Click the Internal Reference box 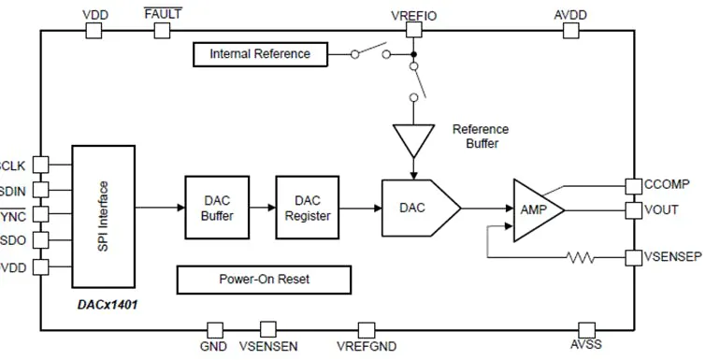[x=260, y=54]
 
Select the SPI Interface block [x=103, y=215]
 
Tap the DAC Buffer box [x=217, y=208]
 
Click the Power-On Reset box [x=264, y=280]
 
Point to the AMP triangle [x=535, y=209]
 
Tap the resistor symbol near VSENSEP [x=581, y=256]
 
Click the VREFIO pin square [x=413, y=30]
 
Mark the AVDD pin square [x=570, y=30]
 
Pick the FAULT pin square [x=162, y=30]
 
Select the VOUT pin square [x=633, y=209]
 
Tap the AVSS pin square [x=586, y=329]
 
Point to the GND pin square [x=214, y=329]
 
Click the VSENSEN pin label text [x=268, y=347]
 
